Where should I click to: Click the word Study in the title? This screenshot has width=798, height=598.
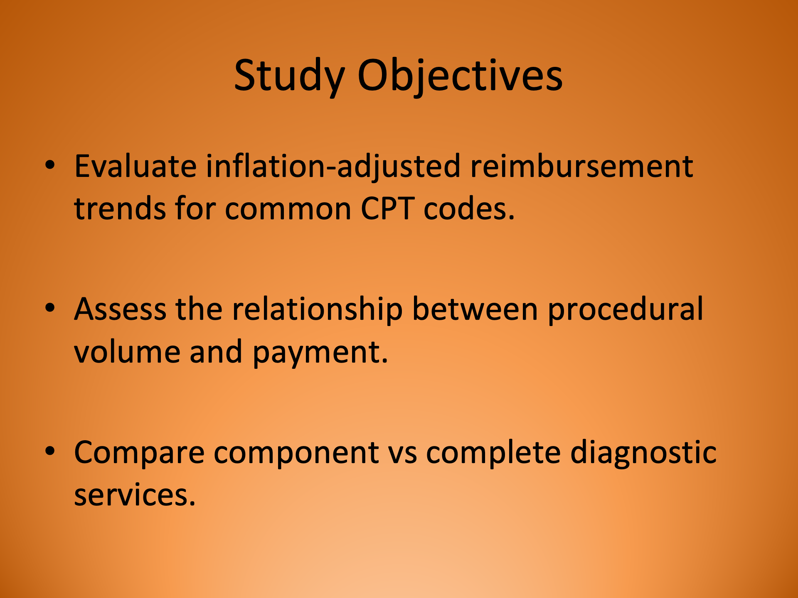tap(289, 76)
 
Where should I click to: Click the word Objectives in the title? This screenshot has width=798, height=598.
tap(460, 76)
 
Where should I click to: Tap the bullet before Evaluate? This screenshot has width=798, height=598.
tap(50, 165)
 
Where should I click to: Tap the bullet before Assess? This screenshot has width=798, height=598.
tap(50, 308)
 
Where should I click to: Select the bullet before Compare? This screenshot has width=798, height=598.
tap(50, 451)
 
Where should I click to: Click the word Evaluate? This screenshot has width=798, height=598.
tap(135, 167)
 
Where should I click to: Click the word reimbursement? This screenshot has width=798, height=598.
tap(581, 167)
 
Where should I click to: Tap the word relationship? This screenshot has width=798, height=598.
tap(317, 309)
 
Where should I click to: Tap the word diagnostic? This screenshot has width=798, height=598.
tap(643, 453)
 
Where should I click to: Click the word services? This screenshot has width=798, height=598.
tap(134, 495)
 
